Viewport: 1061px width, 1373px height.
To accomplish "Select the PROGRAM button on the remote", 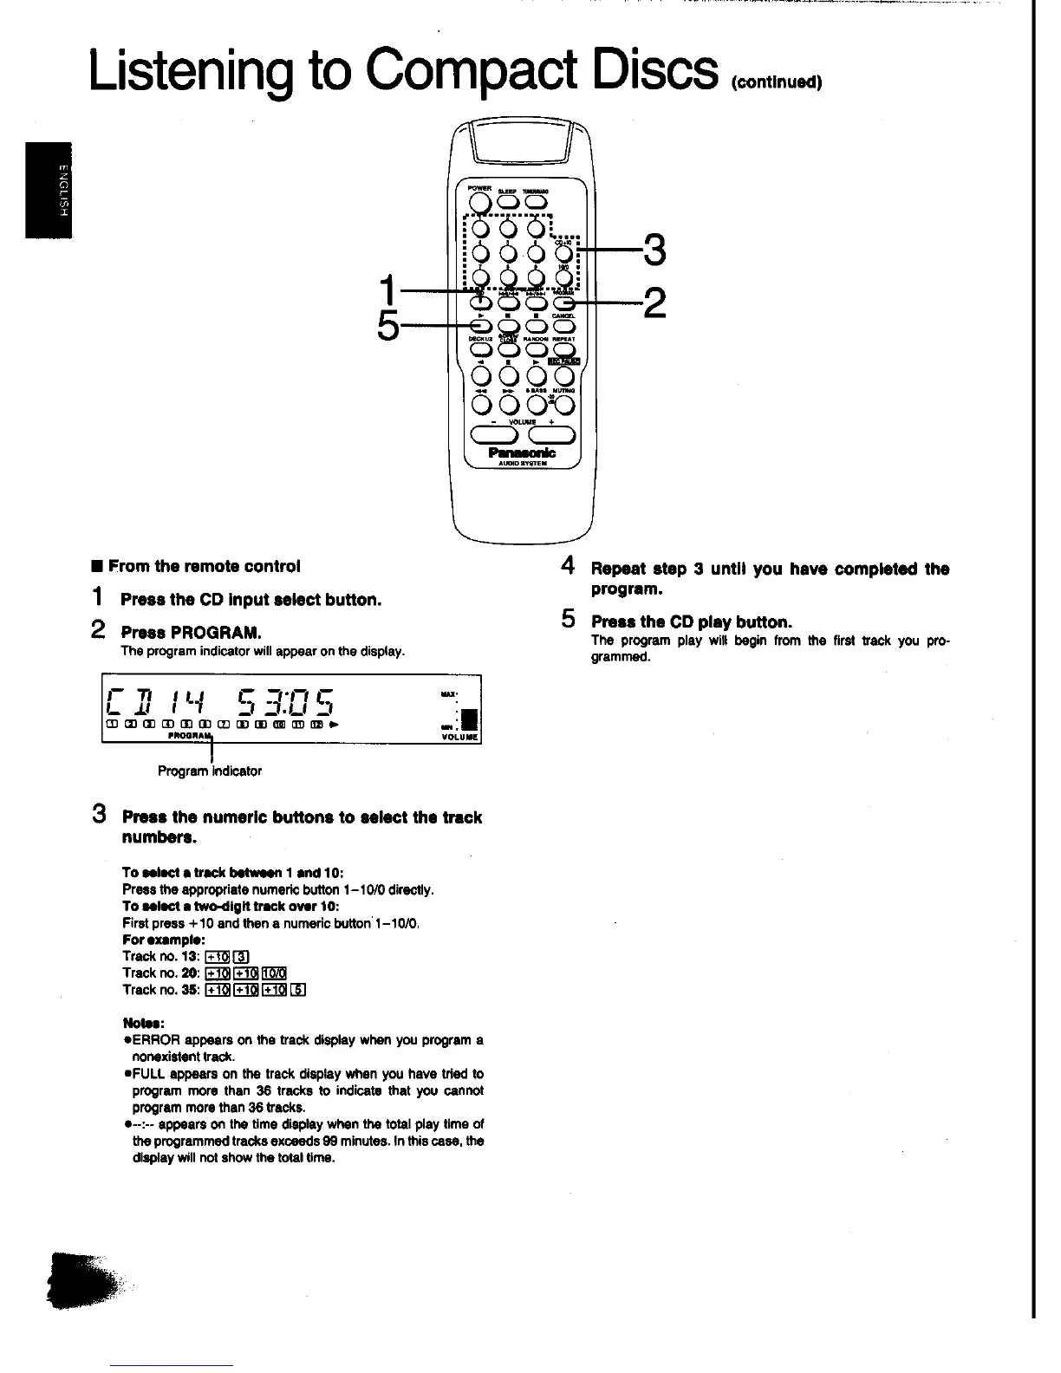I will tap(564, 303).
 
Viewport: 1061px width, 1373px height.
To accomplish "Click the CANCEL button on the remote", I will tap(564, 326).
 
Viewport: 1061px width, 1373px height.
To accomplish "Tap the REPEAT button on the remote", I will tap(564, 350).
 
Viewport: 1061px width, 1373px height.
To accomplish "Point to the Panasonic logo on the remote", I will tap(522, 452).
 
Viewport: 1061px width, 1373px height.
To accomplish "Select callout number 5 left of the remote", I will tap(389, 327).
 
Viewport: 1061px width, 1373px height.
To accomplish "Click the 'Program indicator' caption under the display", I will tap(210, 771).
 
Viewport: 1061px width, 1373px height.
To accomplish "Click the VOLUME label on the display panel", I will tap(459, 738).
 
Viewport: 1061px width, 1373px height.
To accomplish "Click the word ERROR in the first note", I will tap(156, 1039).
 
